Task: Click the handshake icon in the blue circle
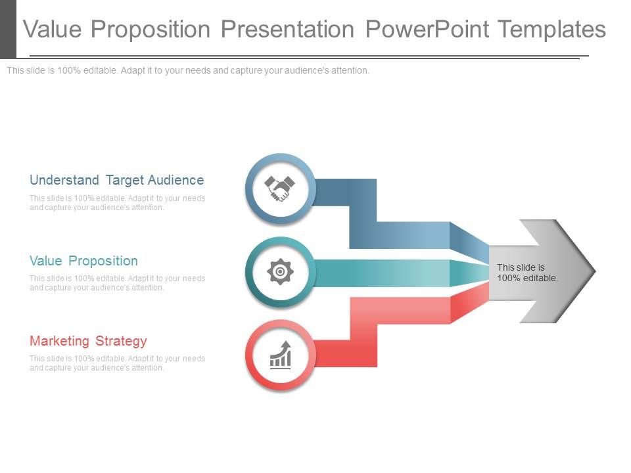coord(280,189)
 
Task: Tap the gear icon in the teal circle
coord(280,271)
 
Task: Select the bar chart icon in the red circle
coord(281,355)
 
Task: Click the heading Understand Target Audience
coord(117,180)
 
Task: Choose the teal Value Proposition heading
coord(83,261)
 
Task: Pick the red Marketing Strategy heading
coord(88,341)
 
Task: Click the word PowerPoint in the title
coord(427,30)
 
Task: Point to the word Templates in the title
coord(551,30)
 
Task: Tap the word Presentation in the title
coord(288,30)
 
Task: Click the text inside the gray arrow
coord(527,273)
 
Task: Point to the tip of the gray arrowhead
coord(596,271)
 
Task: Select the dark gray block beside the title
coord(8,30)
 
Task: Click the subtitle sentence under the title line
coord(188,70)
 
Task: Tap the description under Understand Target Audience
coord(117,203)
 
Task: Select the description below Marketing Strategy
coord(117,363)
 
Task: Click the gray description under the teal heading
coord(117,282)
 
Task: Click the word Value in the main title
coord(53,30)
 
